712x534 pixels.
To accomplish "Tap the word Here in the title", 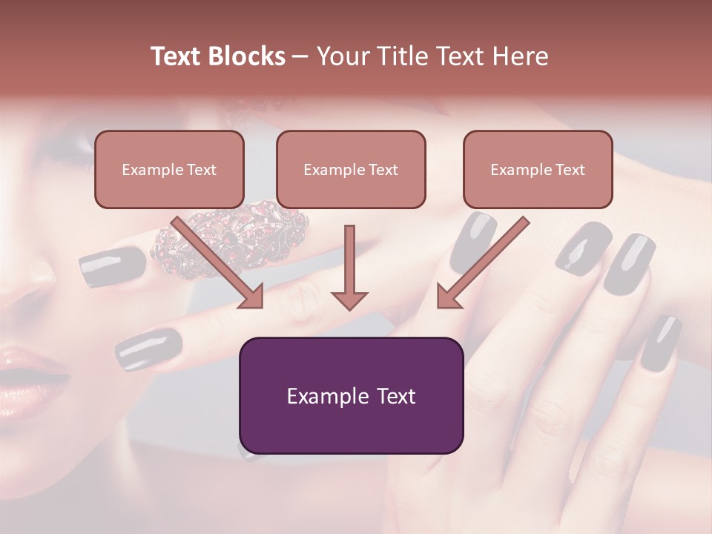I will pos(520,56).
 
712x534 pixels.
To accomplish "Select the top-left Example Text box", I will pos(169,169).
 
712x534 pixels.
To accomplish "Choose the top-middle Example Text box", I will pos(351,169).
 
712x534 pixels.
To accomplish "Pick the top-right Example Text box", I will pos(538,169).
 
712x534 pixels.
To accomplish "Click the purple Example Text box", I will pos(351,395).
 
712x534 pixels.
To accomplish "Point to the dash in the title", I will pos(301,56).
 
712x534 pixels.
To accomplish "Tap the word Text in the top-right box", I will pos(569,170).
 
